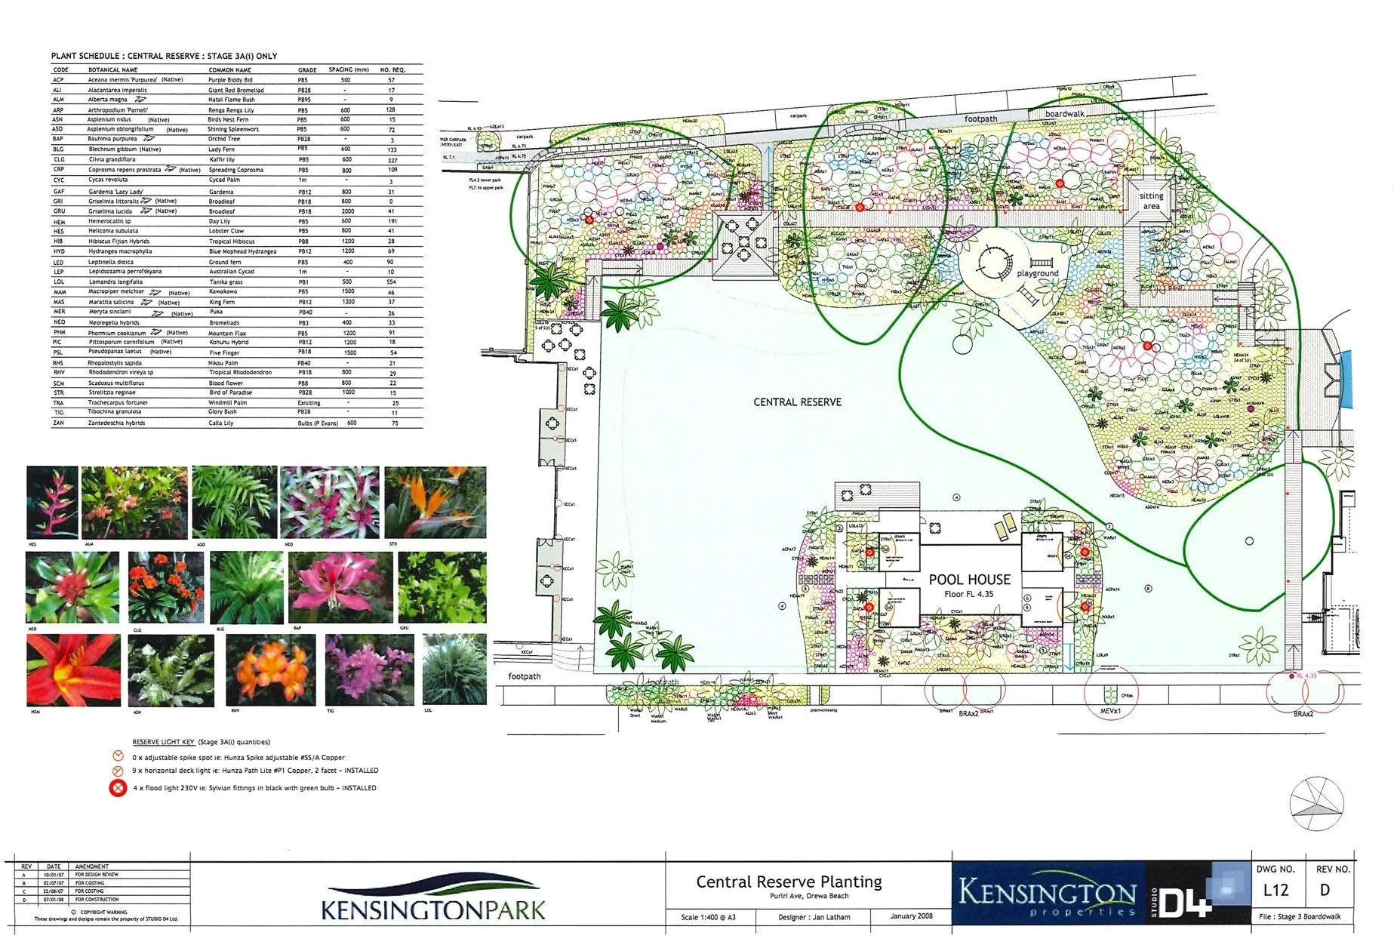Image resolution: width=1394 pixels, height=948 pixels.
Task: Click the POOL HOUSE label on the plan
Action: [969, 580]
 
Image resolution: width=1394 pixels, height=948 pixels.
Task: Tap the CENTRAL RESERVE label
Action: [797, 402]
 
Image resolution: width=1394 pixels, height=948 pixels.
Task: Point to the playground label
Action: [1037, 273]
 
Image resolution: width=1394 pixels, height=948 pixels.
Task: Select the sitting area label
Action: [1151, 201]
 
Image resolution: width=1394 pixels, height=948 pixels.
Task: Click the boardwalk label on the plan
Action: [1064, 114]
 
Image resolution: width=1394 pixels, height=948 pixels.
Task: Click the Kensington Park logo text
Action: [432, 908]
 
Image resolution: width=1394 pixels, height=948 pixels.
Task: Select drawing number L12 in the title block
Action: [1276, 890]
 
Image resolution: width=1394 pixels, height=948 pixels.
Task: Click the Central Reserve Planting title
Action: [789, 882]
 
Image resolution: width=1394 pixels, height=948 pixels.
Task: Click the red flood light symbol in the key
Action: [118, 789]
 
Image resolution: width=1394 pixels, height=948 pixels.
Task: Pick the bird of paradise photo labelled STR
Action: [435, 501]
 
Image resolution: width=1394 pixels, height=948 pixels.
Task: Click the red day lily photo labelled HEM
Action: [72, 669]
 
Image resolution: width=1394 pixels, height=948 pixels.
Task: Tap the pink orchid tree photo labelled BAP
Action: [340, 587]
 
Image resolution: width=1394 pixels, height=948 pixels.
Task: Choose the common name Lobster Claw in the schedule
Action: [226, 231]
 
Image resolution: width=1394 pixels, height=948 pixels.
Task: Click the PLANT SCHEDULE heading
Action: [164, 56]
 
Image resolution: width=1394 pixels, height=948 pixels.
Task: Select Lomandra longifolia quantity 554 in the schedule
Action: [391, 282]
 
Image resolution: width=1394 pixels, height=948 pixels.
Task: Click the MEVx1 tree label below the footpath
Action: [1110, 711]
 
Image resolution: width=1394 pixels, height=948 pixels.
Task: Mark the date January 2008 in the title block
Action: [911, 916]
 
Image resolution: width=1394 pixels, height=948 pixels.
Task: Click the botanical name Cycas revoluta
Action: [108, 180]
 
